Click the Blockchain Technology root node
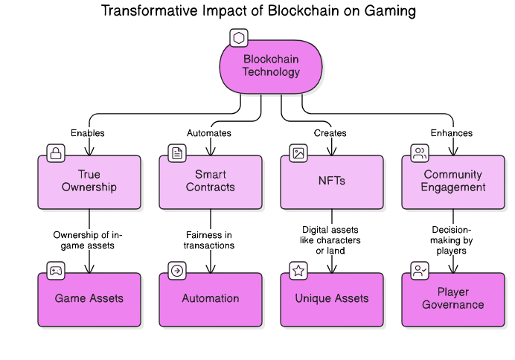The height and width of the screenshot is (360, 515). tap(271, 66)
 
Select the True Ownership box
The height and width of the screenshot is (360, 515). tap(89, 181)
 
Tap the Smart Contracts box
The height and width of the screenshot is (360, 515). tap(211, 181)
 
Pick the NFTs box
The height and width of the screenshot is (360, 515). tap(332, 181)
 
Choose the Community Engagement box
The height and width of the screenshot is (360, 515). tap(453, 181)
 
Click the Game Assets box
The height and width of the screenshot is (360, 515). tap(89, 299)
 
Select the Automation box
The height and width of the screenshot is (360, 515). tap(211, 299)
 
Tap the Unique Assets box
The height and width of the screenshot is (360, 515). tap(332, 299)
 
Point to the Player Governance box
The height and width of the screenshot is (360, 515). tap(453, 299)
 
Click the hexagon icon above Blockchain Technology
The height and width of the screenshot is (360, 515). tap(238, 38)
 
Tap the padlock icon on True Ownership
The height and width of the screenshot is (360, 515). tap(56, 154)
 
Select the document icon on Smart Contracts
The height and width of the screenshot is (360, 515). tap(177, 154)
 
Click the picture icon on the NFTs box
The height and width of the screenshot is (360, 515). tap(298, 154)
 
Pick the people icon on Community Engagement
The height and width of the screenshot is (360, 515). tap(420, 154)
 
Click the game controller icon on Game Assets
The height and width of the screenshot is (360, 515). tap(56, 271)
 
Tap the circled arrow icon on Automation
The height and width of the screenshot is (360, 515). tap(177, 271)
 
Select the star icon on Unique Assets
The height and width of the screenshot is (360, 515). tap(298, 271)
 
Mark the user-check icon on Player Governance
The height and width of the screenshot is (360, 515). tap(420, 271)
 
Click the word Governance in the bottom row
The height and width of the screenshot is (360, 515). tap(453, 305)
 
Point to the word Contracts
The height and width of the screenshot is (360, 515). tap(211, 187)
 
